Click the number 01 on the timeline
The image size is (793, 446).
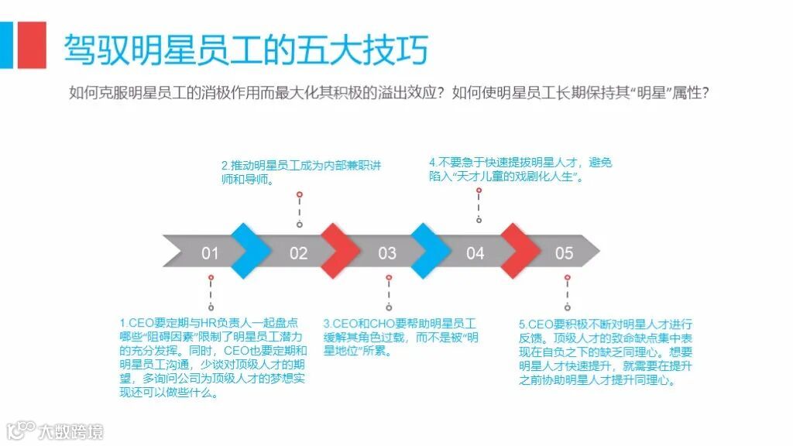click(x=210, y=253)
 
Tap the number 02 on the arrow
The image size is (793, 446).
click(x=298, y=253)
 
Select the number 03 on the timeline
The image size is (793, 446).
click(x=387, y=253)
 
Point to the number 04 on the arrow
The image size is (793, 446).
click(x=475, y=253)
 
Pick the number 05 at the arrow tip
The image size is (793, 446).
click(x=565, y=253)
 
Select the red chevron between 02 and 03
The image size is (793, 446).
click(x=342, y=250)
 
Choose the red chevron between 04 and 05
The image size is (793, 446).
click(x=520, y=250)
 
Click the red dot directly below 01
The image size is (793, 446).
click(x=211, y=276)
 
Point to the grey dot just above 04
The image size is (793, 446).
click(x=479, y=221)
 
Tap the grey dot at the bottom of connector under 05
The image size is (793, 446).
click(x=568, y=307)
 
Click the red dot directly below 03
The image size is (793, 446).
click(x=389, y=276)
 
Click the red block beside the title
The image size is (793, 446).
click(x=31, y=45)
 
